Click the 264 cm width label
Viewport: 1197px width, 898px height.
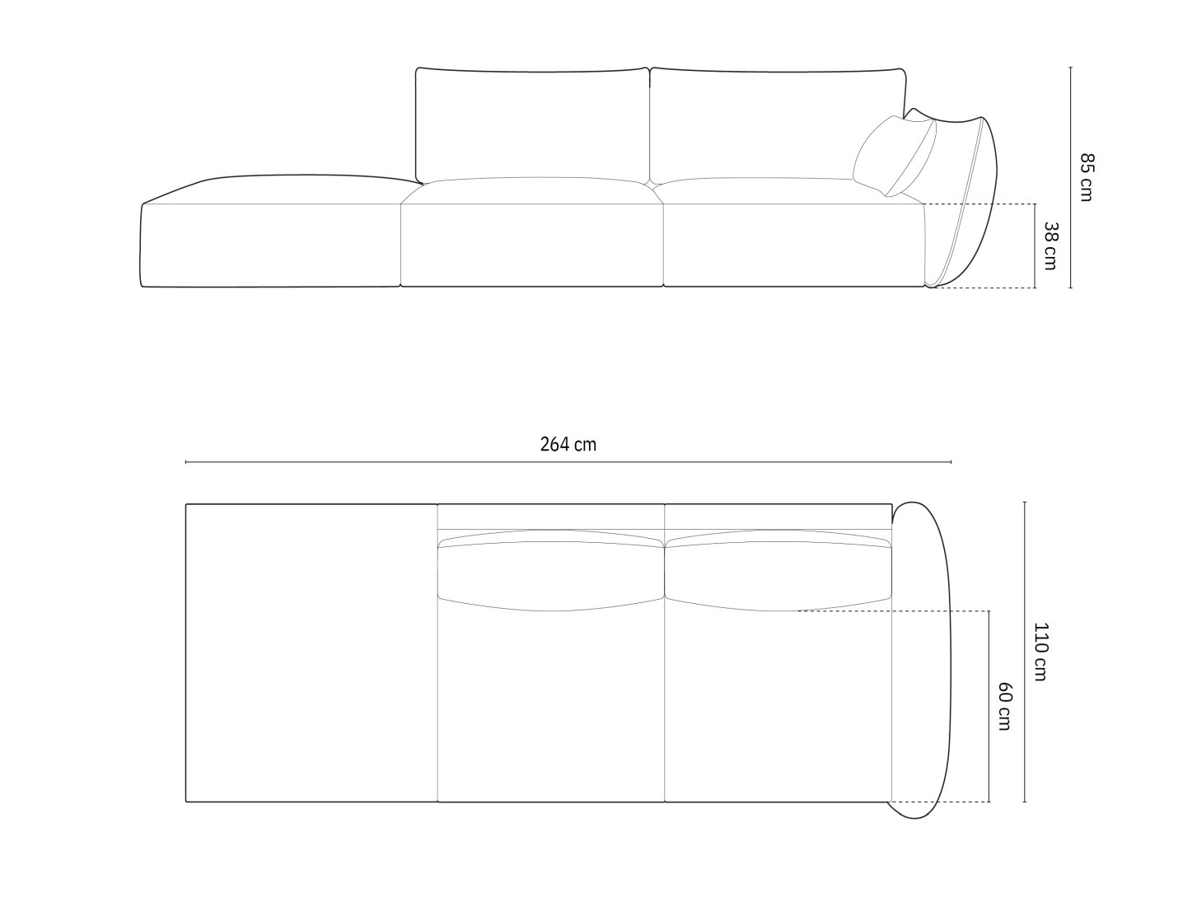tap(568, 445)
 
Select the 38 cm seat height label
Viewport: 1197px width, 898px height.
tap(1050, 246)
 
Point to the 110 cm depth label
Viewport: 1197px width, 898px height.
tap(1040, 652)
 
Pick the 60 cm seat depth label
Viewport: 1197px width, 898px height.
tap(1003, 706)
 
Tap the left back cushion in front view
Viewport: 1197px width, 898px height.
tap(532, 124)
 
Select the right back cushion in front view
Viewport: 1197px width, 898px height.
tap(779, 124)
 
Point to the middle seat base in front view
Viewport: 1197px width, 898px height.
tap(532, 243)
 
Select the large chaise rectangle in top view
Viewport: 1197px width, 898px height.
tap(311, 652)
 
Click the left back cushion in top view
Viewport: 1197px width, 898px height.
tap(550, 573)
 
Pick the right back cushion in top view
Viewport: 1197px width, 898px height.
tap(779, 573)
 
